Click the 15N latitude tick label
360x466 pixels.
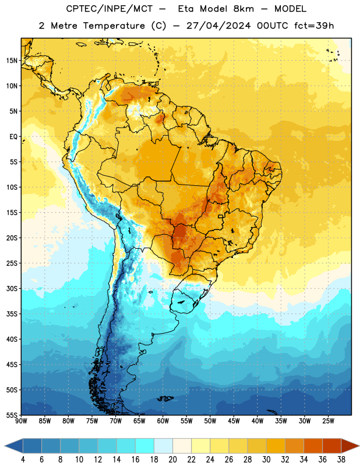(x=12, y=61)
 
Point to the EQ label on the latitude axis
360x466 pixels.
(x=13, y=137)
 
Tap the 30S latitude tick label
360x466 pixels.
(x=12, y=288)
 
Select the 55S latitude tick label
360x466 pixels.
(x=12, y=415)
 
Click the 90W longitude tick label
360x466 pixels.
(x=22, y=421)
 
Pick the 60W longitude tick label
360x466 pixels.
(x=163, y=421)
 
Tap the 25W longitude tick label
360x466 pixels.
(x=328, y=421)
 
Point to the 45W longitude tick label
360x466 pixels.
(x=234, y=421)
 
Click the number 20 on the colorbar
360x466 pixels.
(x=172, y=460)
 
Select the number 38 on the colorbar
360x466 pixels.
(x=341, y=460)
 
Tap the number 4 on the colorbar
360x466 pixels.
(x=23, y=460)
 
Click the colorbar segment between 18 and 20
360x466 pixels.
(x=163, y=446)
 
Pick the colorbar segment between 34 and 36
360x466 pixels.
(x=313, y=446)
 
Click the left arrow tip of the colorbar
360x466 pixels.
(x=5, y=446)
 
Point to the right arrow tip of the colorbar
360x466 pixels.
(x=359, y=446)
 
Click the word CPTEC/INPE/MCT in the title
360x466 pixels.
(x=109, y=9)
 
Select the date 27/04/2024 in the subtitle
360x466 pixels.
(x=218, y=26)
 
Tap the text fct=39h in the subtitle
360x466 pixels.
(x=314, y=26)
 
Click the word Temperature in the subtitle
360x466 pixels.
(x=114, y=26)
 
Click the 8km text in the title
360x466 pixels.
(x=243, y=9)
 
